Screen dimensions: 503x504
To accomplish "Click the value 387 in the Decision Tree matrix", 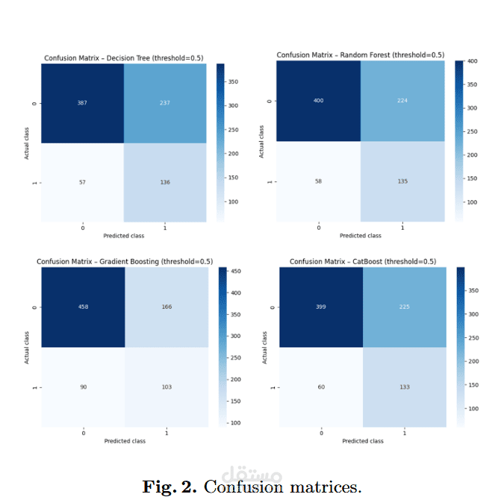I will tap(82, 103).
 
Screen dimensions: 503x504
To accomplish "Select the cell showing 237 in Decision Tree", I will tap(164, 103).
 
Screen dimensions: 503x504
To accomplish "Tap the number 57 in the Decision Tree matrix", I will tap(82, 182).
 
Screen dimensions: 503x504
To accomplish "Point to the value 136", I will tap(164, 182).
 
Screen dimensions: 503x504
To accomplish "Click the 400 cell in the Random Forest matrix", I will tap(319, 100).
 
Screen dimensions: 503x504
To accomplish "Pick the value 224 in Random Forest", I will tap(402, 100).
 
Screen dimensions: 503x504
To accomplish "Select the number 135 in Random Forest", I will tap(402, 181).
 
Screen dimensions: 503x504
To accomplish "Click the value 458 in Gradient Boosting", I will tap(84, 307).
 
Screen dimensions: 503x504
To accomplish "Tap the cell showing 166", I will tap(166, 307).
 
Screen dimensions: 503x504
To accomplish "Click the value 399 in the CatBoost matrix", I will tap(321, 307).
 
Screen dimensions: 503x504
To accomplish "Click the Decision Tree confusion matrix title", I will tap(124, 58).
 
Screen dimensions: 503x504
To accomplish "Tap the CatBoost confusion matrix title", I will tap(362, 261).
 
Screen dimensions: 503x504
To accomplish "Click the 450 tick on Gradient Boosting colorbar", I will tap(234, 272).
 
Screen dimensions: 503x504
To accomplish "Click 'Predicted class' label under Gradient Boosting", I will tap(125, 441).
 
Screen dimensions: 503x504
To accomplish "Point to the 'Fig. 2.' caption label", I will tap(169, 487).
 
